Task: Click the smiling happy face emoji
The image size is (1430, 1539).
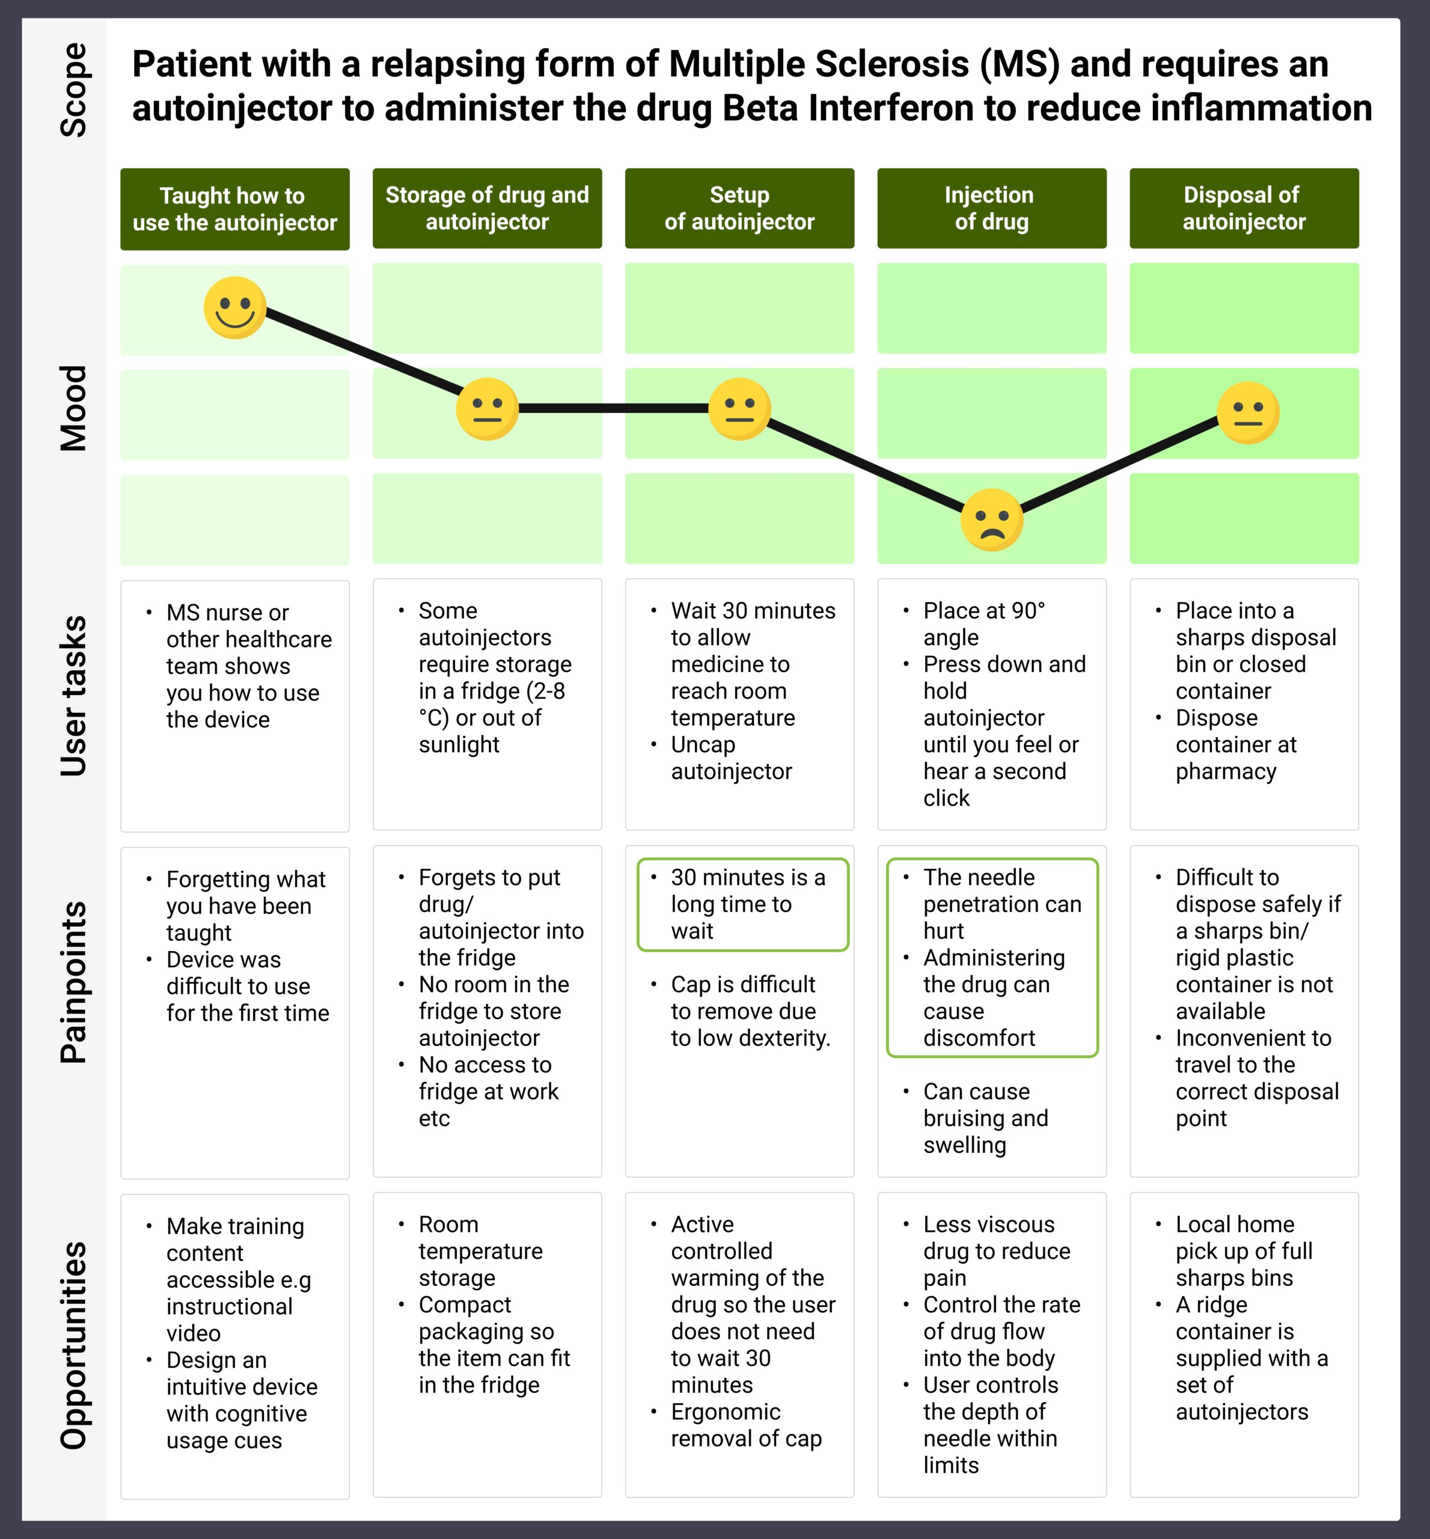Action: [235, 308]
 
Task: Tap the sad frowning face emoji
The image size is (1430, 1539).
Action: [992, 520]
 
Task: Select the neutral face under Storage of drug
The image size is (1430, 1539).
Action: [487, 409]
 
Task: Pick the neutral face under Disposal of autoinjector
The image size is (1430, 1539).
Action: [1248, 412]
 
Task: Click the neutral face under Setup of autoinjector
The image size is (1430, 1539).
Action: [740, 409]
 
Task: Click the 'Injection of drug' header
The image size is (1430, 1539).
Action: [992, 208]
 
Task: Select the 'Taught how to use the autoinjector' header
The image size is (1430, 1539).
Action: [235, 209]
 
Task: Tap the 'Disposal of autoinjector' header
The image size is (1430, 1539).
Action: [1244, 208]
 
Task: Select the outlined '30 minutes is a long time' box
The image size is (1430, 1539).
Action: [743, 905]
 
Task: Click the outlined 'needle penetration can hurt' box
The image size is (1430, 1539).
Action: [992, 957]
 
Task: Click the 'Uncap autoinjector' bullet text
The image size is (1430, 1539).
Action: [732, 757]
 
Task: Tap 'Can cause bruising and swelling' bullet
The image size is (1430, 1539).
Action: [986, 1118]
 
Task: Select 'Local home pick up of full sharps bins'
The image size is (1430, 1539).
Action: [1244, 1250]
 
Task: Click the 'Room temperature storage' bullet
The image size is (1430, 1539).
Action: [480, 1250]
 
